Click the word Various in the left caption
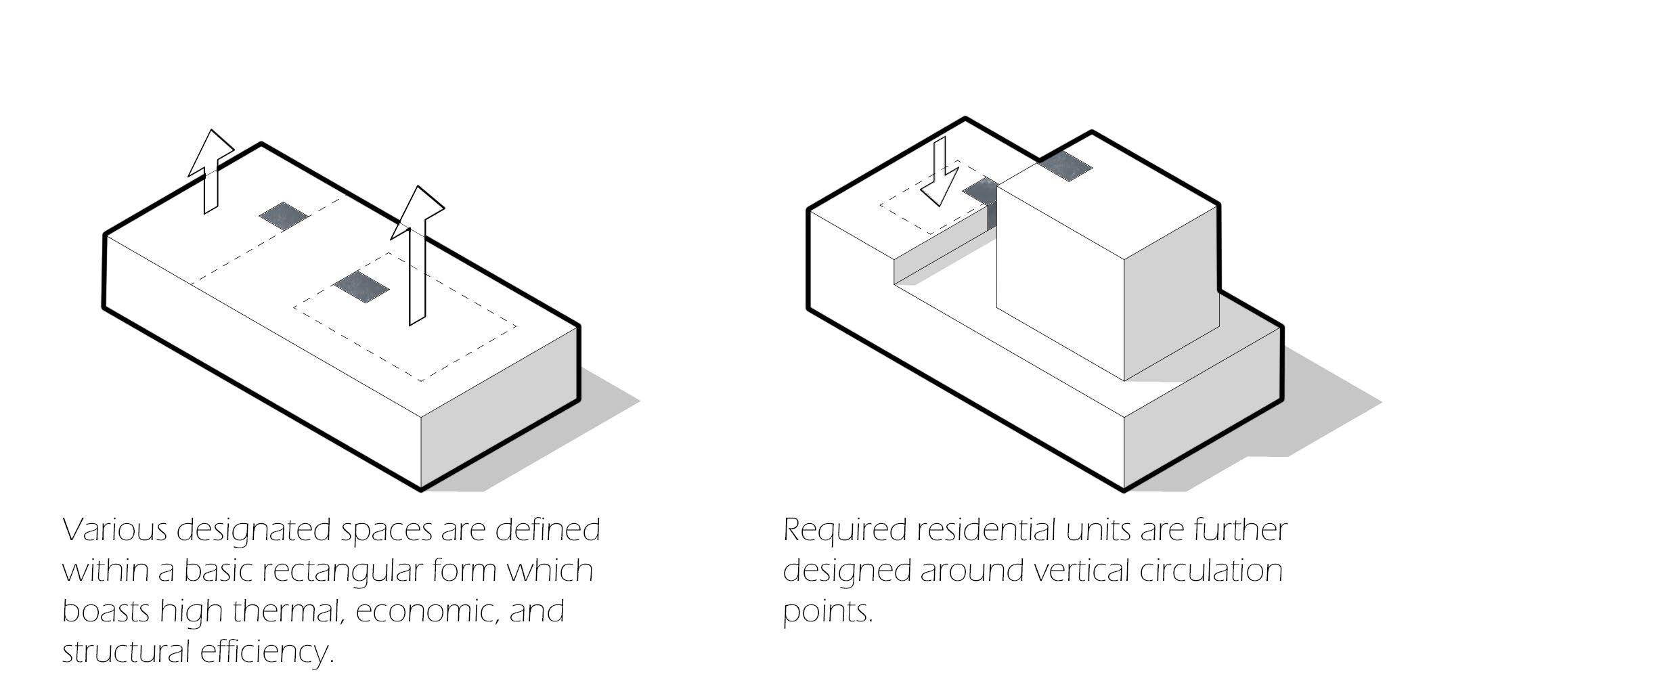115,530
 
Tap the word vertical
1082,571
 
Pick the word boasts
106,612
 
